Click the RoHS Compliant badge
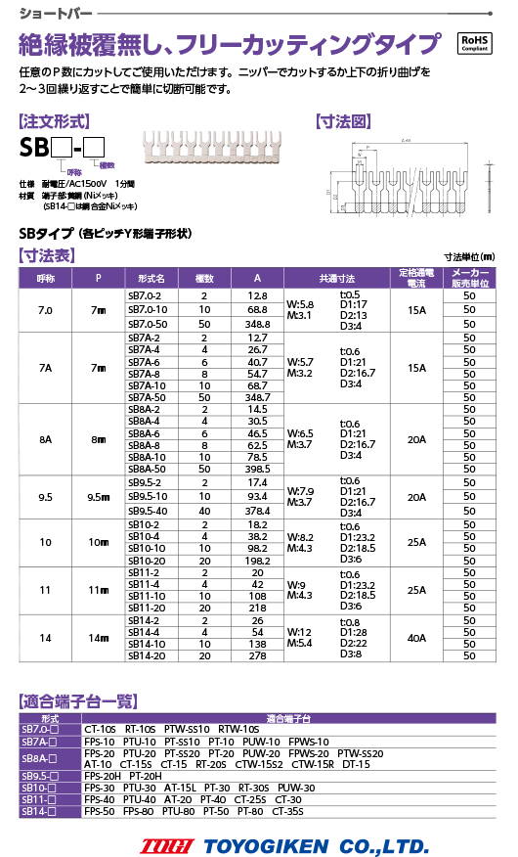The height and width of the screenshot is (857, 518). [476, 44]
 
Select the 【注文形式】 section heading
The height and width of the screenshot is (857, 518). [56, 122]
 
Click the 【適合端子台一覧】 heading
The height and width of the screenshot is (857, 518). [78, 700]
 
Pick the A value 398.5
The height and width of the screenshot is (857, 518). [257, 469]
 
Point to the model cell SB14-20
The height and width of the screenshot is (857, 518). [145, 657]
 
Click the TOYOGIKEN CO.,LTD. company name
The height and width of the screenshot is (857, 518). [315, 845]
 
